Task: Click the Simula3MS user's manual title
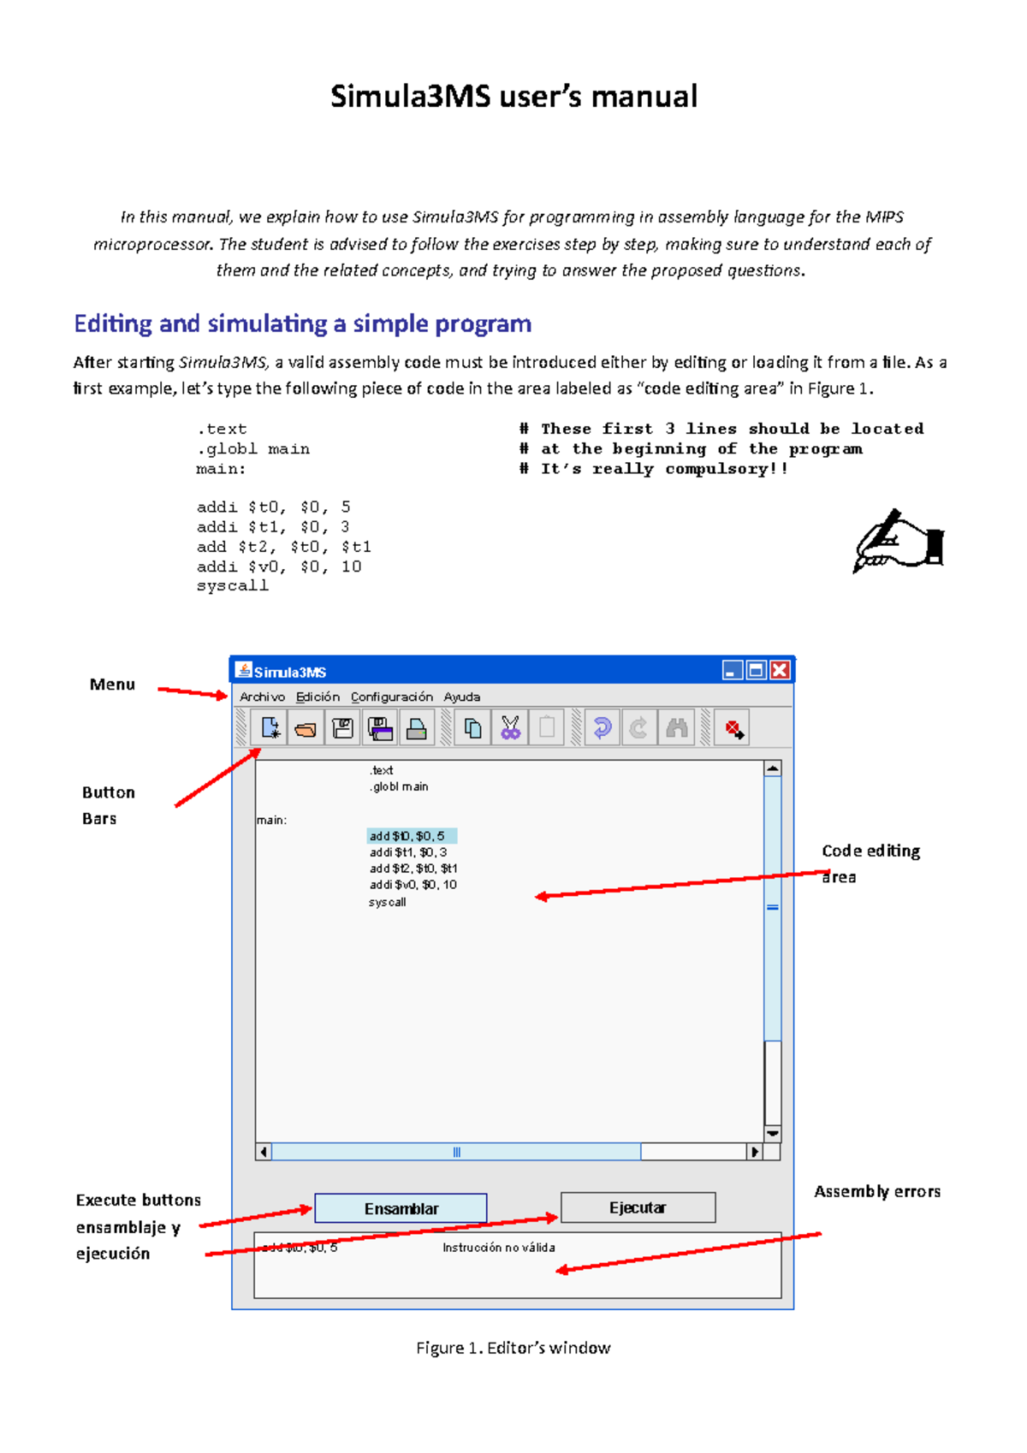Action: pos(513,96)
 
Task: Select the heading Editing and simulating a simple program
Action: pos(302,323)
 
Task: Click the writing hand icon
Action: pos(899,542)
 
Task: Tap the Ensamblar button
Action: pos(401,1208)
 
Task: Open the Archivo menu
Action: pos(262,697)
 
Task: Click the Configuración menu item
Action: pos(391,697)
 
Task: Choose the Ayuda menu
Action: pos(461,697)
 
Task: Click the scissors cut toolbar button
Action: pos(510,728)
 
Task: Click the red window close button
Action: pos(780,670)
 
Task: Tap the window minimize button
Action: pos(731,670)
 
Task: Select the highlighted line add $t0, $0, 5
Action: pos(411,836)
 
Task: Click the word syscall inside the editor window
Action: pos(388,902)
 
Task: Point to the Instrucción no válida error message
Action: pos(498,1248)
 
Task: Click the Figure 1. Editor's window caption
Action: pos(513,1348)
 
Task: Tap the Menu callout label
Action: pos(112,685)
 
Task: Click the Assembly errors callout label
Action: pos(876,1191)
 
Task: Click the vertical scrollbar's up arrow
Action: pos(773,768)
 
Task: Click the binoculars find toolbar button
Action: pos(676,728)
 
